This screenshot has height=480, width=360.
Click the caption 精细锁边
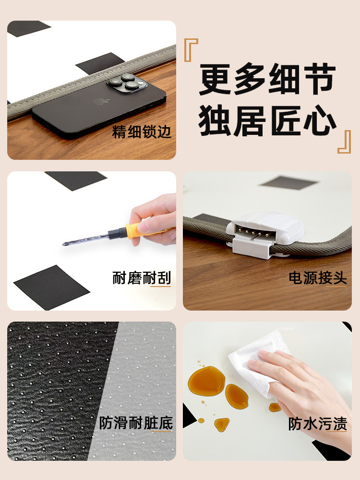pyautogui.click(x=142, y=132)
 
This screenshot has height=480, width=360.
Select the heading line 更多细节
pyautogui.click(x=267, y=80)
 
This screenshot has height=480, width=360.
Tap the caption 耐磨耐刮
pyautogui.click(x=142, y=278)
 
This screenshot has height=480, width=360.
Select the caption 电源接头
pyautogui.click(x=317, y=278)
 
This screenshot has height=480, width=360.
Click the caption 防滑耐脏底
pyautogui.click(x=136, y=423)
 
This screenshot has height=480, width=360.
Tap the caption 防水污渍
pyautogui.click(x=317, y=423)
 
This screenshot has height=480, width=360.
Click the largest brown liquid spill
pyautogui.click(x=206, y=380)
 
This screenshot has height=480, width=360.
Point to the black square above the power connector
pyautogui.click(x=288, y=182)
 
